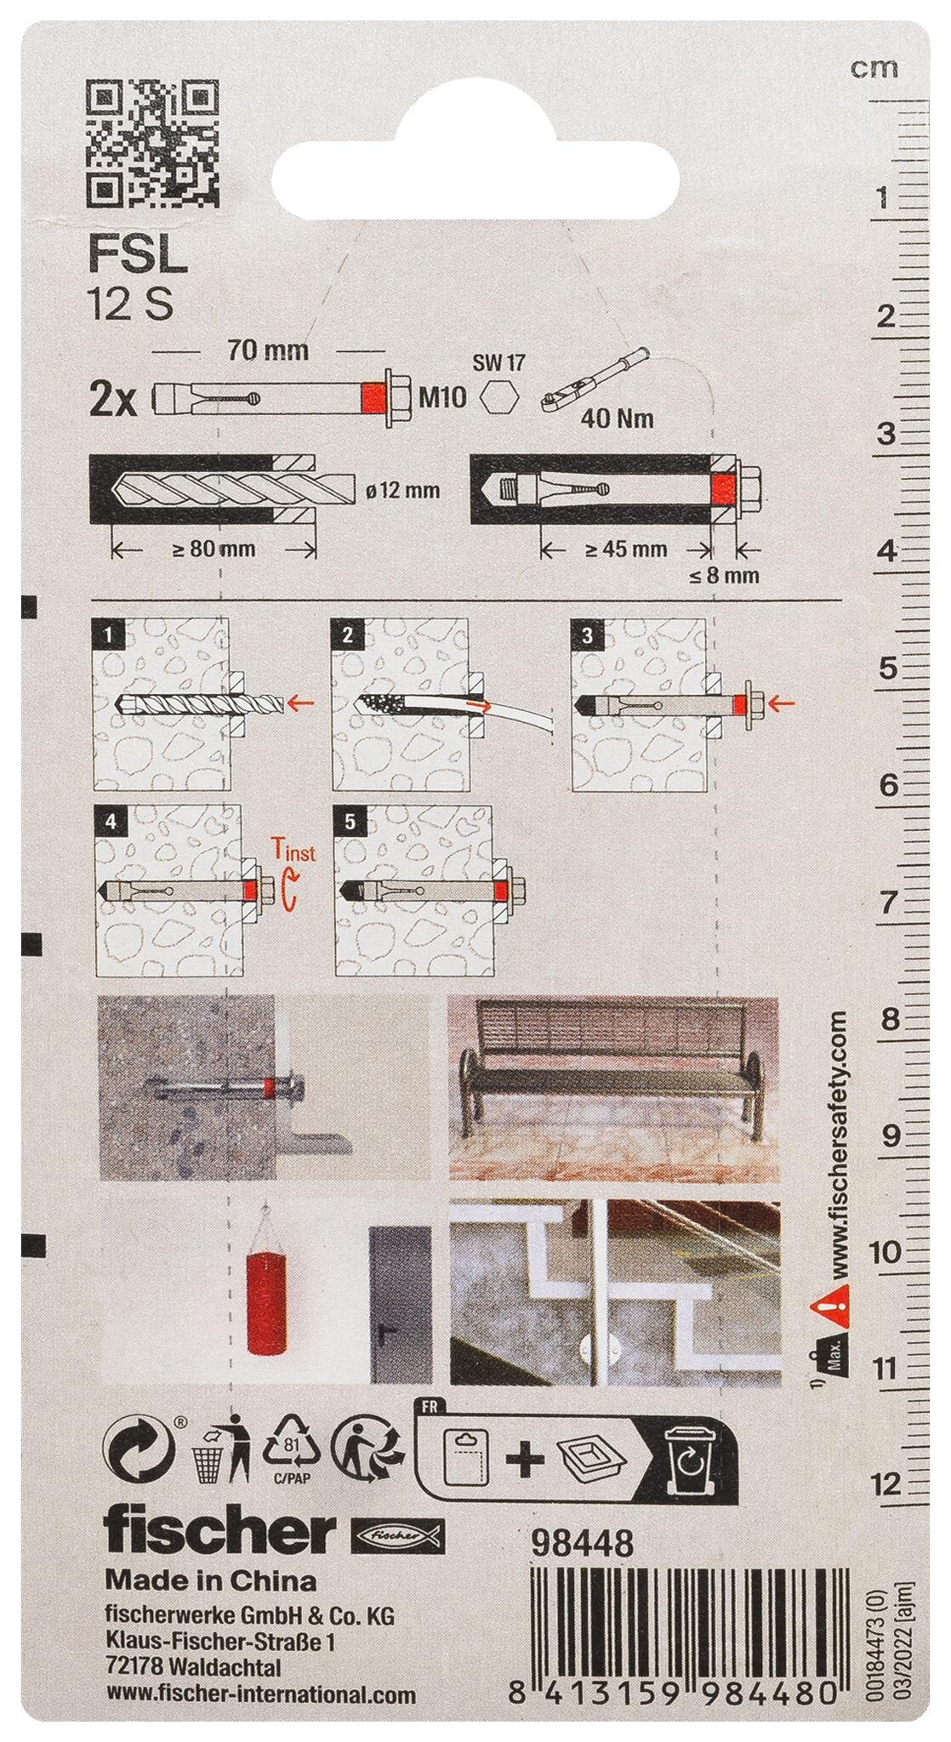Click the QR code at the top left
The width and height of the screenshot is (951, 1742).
153,144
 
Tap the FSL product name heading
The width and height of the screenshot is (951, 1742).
137,255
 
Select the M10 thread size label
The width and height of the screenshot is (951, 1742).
443,397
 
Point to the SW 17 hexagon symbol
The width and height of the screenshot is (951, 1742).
498,396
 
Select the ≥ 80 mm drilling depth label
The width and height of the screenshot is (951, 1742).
214,549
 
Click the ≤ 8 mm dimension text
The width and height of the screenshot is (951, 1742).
723,576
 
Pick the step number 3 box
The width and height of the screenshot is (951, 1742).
589,635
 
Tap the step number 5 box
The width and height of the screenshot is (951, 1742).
350,821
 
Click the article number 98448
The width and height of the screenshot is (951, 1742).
582,1542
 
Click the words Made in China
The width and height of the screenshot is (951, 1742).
210,1581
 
